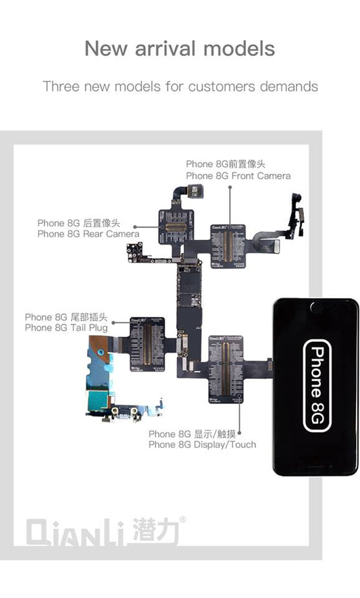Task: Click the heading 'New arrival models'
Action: click(x=180, y=49)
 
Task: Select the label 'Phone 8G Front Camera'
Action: click(x=238, y=170)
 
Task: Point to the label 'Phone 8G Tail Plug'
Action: click(x=66, y=322)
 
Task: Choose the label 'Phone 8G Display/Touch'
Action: click(x=202, y=439)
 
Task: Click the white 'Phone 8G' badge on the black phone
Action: click(x=316, y=386)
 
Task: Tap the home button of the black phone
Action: click(x=315, y=308)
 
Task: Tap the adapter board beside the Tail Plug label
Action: click(x=147, y=345)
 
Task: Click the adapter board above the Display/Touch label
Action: click(x=230, y=368)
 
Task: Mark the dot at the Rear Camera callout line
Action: click(x=135, y=228)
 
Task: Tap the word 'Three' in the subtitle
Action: click(x=59, y=86)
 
